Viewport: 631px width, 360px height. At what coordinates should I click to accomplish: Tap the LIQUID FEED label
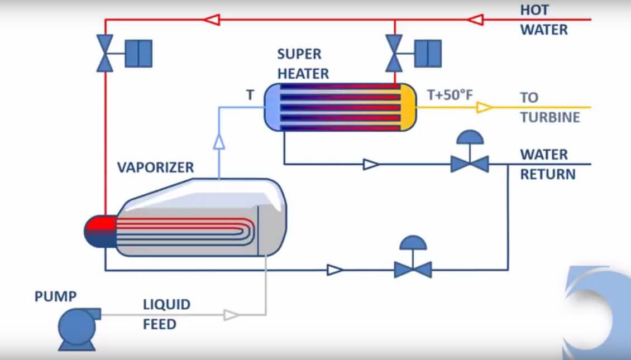tap(166, 314)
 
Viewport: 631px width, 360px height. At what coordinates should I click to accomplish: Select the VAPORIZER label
tap(155, 167)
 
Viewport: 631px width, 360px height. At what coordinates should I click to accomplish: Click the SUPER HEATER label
tap(303, 64)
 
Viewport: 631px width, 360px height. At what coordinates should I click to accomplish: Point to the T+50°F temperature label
tap(450, 95)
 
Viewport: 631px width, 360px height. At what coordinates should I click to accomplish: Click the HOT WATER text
tap(543, 20)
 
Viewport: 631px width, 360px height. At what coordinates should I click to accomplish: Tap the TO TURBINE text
tap(549, 107)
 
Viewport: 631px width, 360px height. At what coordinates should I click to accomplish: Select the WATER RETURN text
tap(547, 164)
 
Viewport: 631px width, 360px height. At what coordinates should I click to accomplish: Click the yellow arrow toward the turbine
tap(484, 107)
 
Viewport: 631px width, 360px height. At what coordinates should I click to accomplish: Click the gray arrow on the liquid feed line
tap(231, 315)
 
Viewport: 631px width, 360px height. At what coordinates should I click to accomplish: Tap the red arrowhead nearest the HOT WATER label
tap(475, 20)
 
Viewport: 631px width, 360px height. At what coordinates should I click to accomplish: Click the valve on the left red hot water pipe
tap(105, 54)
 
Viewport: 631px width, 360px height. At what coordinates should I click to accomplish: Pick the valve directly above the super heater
tap(394, 54)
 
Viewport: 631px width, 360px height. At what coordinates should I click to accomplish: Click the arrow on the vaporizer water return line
tap(335, 270)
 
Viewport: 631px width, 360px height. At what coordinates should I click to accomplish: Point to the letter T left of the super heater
tap(250, 95)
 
